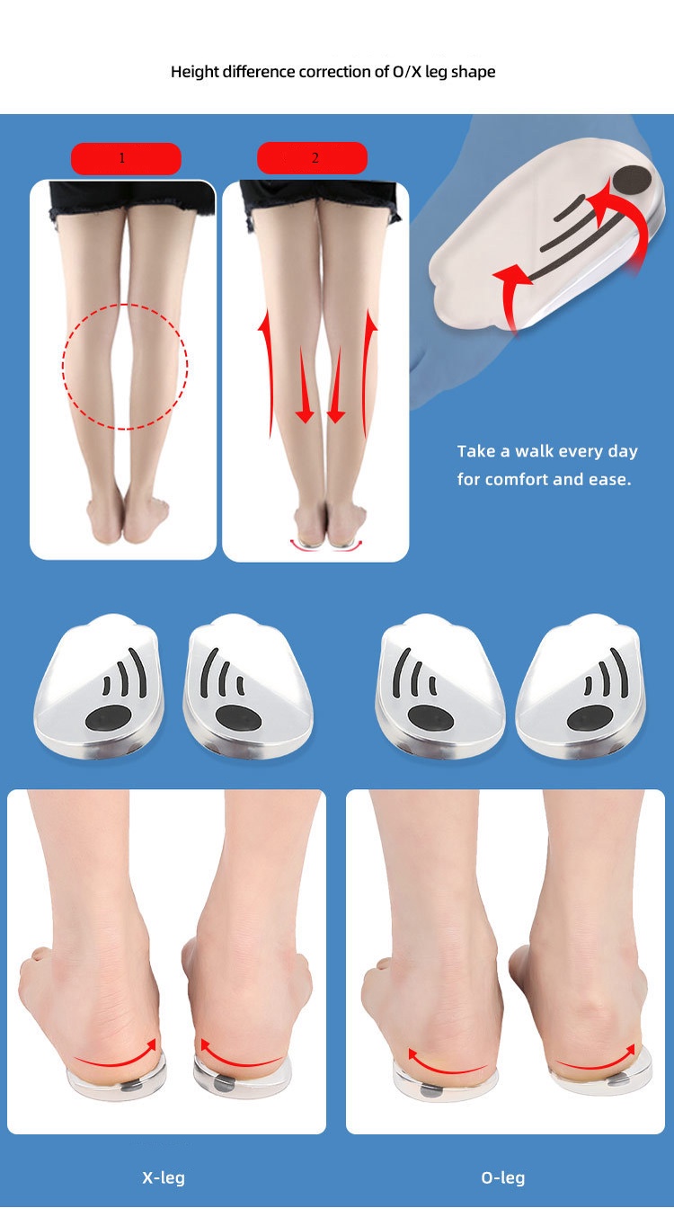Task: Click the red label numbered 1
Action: tap(126, 158)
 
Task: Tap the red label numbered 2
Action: tap(312, 158)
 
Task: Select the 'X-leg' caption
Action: tap(163, 1177)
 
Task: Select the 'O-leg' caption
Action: tap(502, 1177)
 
